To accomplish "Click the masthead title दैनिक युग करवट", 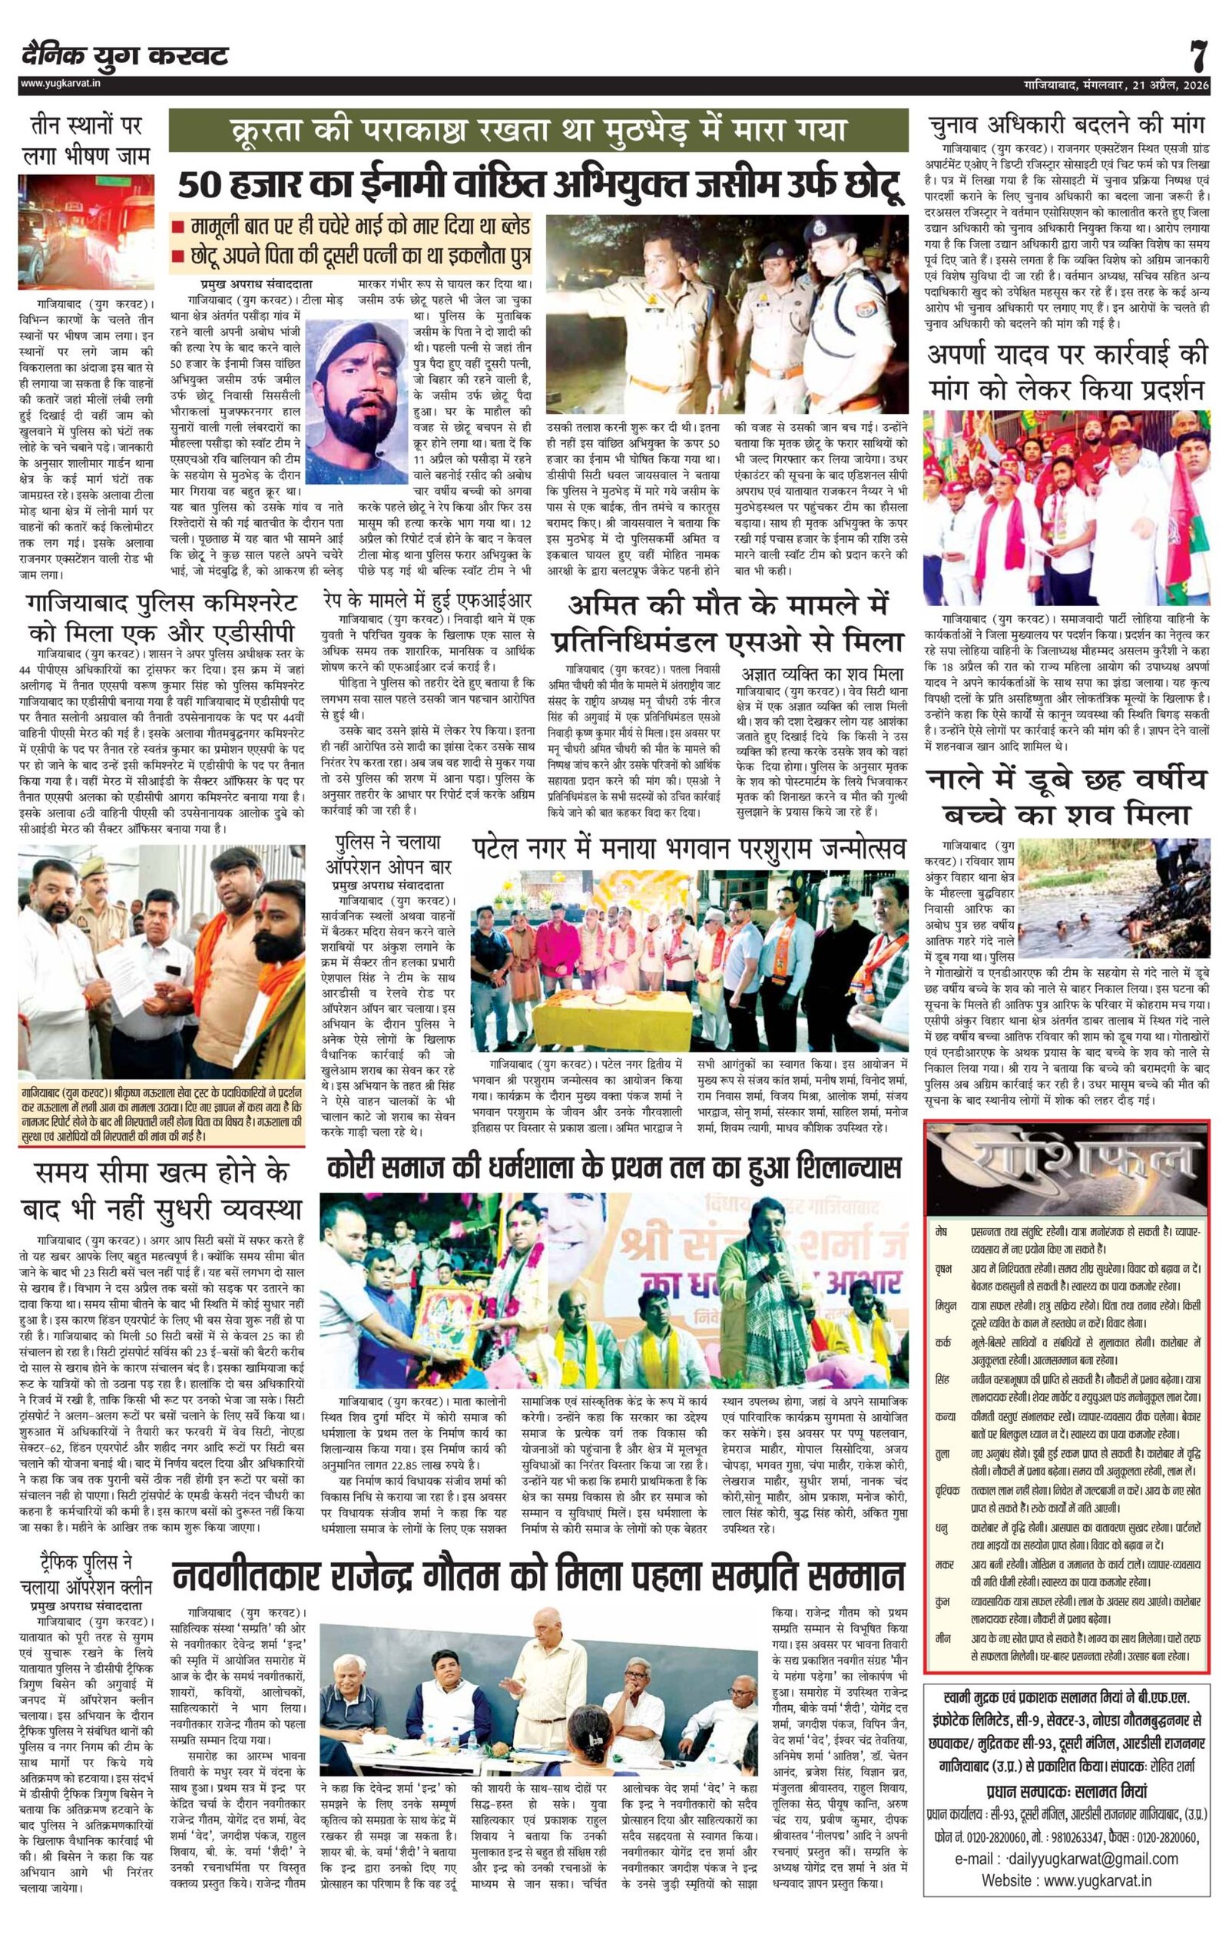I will pyautogui.click(x=125, y=55).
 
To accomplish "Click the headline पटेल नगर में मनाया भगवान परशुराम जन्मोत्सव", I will pyautogui.click(x=689, y=846).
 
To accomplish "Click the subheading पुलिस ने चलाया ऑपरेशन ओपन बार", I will pyautogui.click(x=389, y=855).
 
